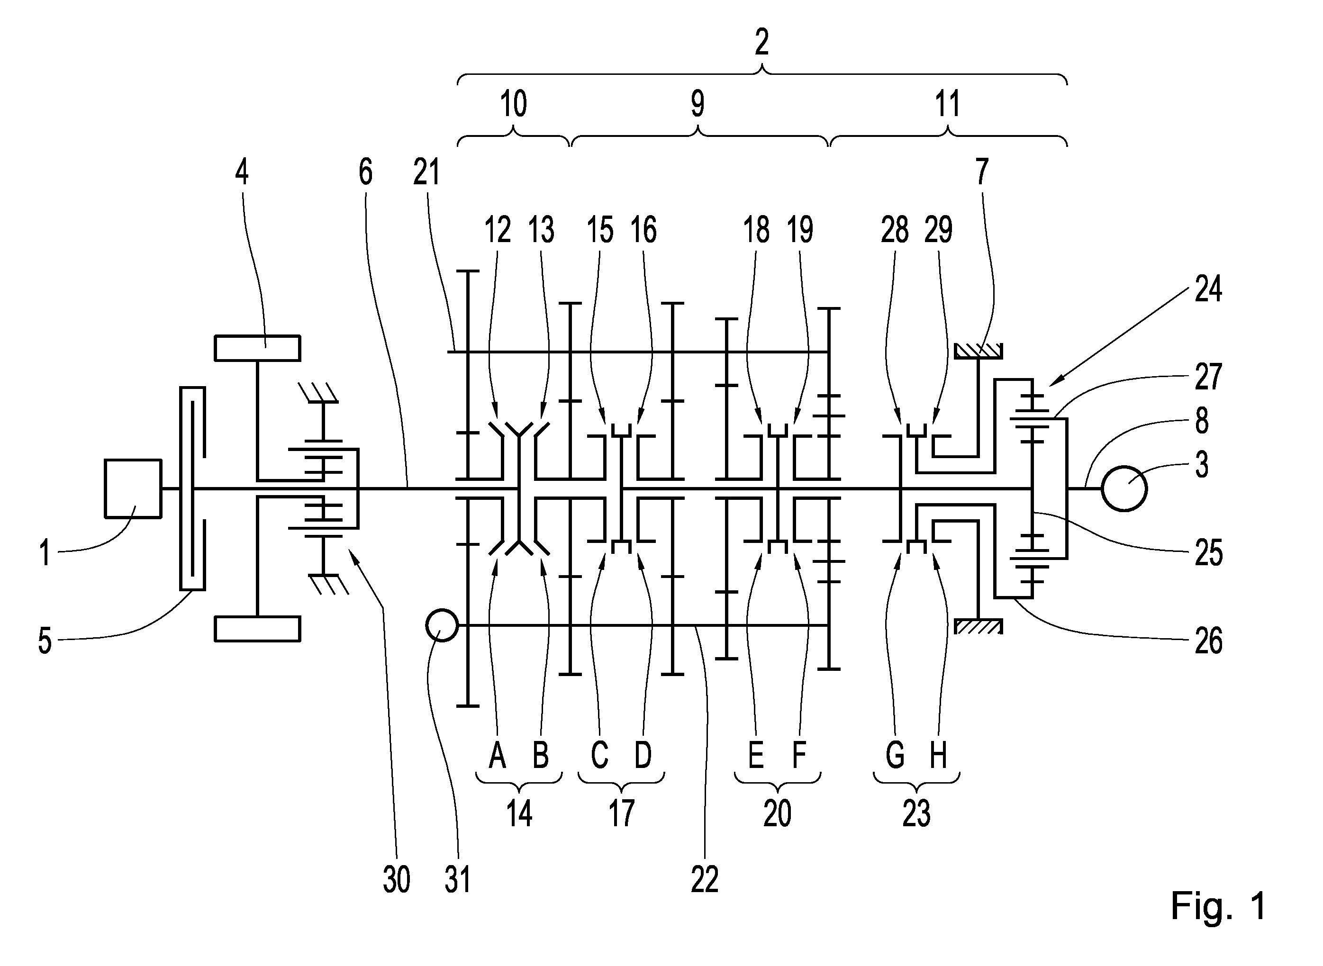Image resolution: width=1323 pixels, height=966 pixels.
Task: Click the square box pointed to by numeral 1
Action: [133, 488]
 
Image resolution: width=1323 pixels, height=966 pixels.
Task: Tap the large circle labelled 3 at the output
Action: [1124, 488]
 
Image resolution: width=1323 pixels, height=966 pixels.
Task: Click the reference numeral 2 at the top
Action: [761, 42]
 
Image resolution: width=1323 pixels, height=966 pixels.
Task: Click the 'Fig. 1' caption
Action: [1218, 906]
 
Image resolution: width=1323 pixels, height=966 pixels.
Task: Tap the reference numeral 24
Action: [1208, 289]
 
